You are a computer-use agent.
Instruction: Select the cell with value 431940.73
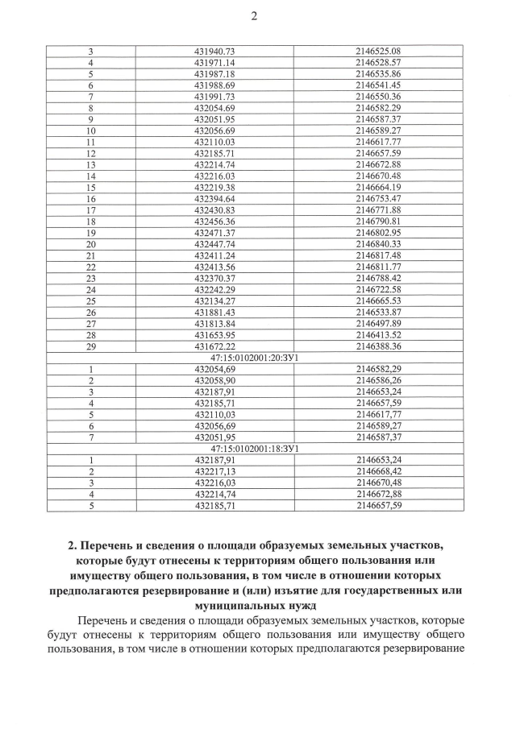click(x=214, y=52)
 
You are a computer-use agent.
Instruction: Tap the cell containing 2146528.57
click(x=377, y=63)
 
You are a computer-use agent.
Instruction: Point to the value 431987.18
click(x=214, y=74)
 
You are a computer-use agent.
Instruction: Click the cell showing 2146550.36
click(x=377, y=97)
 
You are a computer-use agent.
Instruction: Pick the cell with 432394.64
click(x=214, y=199)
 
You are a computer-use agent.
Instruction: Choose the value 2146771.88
click(x=377, y=210)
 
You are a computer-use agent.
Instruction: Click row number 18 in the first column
click(x=90, y=222)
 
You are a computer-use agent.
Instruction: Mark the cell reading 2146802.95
click(x=377, y=233)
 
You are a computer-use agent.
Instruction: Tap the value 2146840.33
click(x=377, y=244)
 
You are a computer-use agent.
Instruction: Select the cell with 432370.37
click(x=214, y=279)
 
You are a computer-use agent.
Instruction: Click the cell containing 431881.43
click(x=214, y=313)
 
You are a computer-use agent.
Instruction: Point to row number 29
click(x=90, y=346)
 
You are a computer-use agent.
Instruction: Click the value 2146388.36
click(x=377, y=346)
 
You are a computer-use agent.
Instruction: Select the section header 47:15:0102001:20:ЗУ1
click(x=255, y=358)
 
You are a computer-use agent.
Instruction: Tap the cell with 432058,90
click(x=214, y=380)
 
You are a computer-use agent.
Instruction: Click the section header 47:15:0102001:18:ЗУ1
click(x=255, y=449)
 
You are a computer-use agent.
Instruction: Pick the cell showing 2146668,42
click(x=377, y=471)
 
